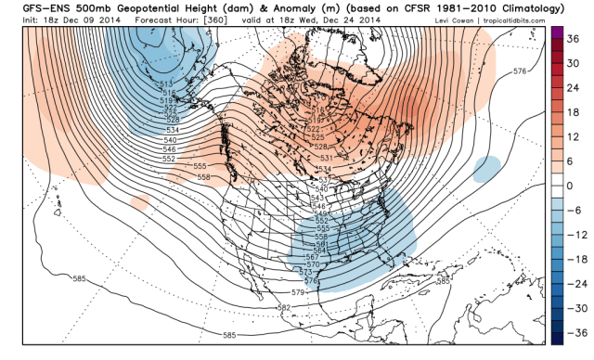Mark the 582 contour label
click(x=283, y=307)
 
